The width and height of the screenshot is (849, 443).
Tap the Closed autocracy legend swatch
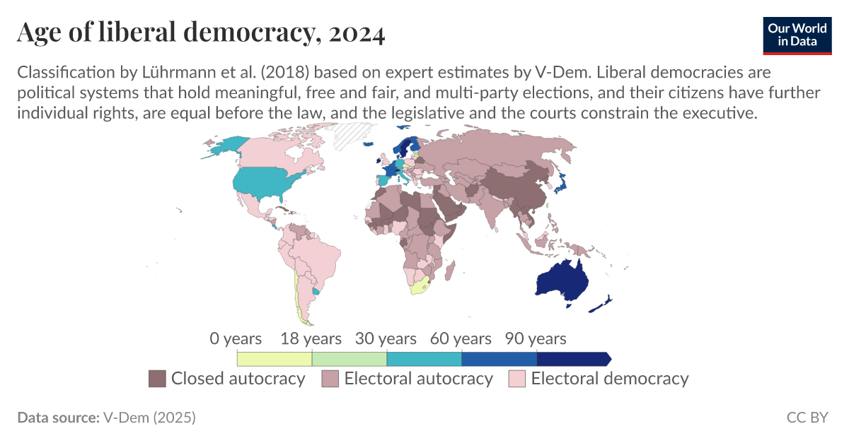coord(156,379)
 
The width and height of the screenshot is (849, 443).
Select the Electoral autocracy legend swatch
coord(330,379)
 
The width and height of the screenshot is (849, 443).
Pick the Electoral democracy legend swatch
coord(517,379)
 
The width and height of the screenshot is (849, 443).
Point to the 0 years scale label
coord(236,338)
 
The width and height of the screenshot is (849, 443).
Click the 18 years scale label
coord(311,338)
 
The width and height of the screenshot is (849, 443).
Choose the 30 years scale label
coord(386,338)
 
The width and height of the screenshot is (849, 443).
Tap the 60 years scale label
coord(461,338)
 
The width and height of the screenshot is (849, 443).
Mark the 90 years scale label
coord(536,338)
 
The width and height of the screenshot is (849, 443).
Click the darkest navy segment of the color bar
coord(572,359)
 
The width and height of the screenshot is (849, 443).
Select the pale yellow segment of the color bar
coord(274,359)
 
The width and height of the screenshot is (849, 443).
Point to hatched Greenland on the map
coord(354,134)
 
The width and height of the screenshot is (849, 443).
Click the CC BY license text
coord(807,418)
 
